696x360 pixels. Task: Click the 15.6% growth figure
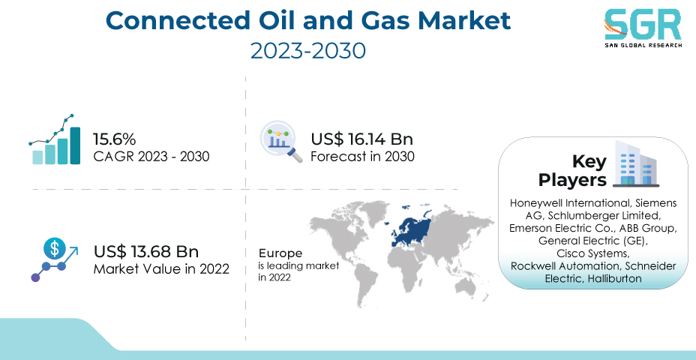point(114,139)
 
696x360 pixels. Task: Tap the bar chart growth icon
point(55,139)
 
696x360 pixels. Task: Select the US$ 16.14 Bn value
point(361,139)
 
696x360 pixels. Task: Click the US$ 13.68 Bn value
point(146,252)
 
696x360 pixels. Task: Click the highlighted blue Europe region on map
point(410,229)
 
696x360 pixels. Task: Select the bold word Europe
point(280,254)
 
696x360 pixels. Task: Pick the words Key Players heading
point(572,171)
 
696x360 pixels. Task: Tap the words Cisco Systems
point(592,253)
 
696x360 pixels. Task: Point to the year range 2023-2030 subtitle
point(308,50)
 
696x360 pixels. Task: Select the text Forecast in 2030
point(362,157)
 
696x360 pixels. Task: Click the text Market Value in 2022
point(161,269)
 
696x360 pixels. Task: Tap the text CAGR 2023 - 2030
point(151,157)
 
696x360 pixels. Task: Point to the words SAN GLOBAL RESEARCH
point(643,45)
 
